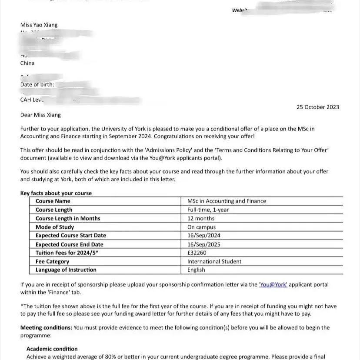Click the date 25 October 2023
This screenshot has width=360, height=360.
pyautogui.click(x=317, y=107)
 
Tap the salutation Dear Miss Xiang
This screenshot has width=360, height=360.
pyautogui.click(x=40, y=115)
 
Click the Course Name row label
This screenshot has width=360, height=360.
pyautogui.click(x=53, y=201)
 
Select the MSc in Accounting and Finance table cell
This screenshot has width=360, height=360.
pyautogui.click(x=227, y=201)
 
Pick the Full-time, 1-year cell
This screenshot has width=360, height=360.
pyautogui.click(x=208, y=210)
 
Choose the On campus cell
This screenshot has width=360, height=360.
pyautogui.click(x=201, y=227)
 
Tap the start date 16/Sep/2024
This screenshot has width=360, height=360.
pyautogui.click(x=204, y=235)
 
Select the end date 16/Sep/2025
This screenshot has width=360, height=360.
pyautogui.click(x=204, y=244)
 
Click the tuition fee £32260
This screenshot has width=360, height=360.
pyautogui.click(x=197, y=253)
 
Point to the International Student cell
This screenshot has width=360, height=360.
pyautogui.click(x=214, y=261)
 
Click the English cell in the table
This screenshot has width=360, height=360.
pyautogui.click(x=196, y=270)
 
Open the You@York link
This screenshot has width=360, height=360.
pyautogui.click(x=273, y=285)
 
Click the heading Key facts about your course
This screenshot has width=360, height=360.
pyautogui.click(x=56, y=193)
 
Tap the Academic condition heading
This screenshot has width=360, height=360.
pyautogui.click(x=52, y=349)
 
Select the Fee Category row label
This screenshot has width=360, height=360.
pyautogui.click(x=52, y=261)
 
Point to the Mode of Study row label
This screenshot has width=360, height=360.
pyautogui.click(x=55, y=227)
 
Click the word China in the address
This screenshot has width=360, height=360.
pyautogui.click(x=27, y=63)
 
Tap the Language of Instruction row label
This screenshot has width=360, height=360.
pyautogui.click(x=66, y=270)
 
